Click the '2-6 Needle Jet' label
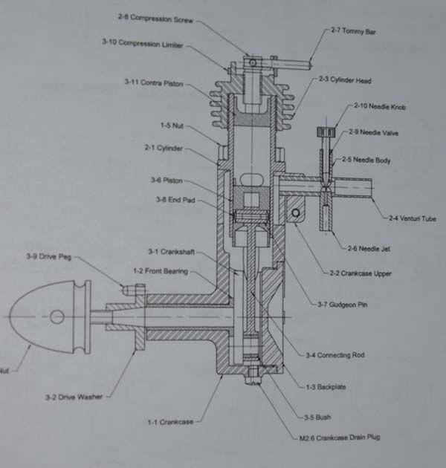(x=369, y=249)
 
